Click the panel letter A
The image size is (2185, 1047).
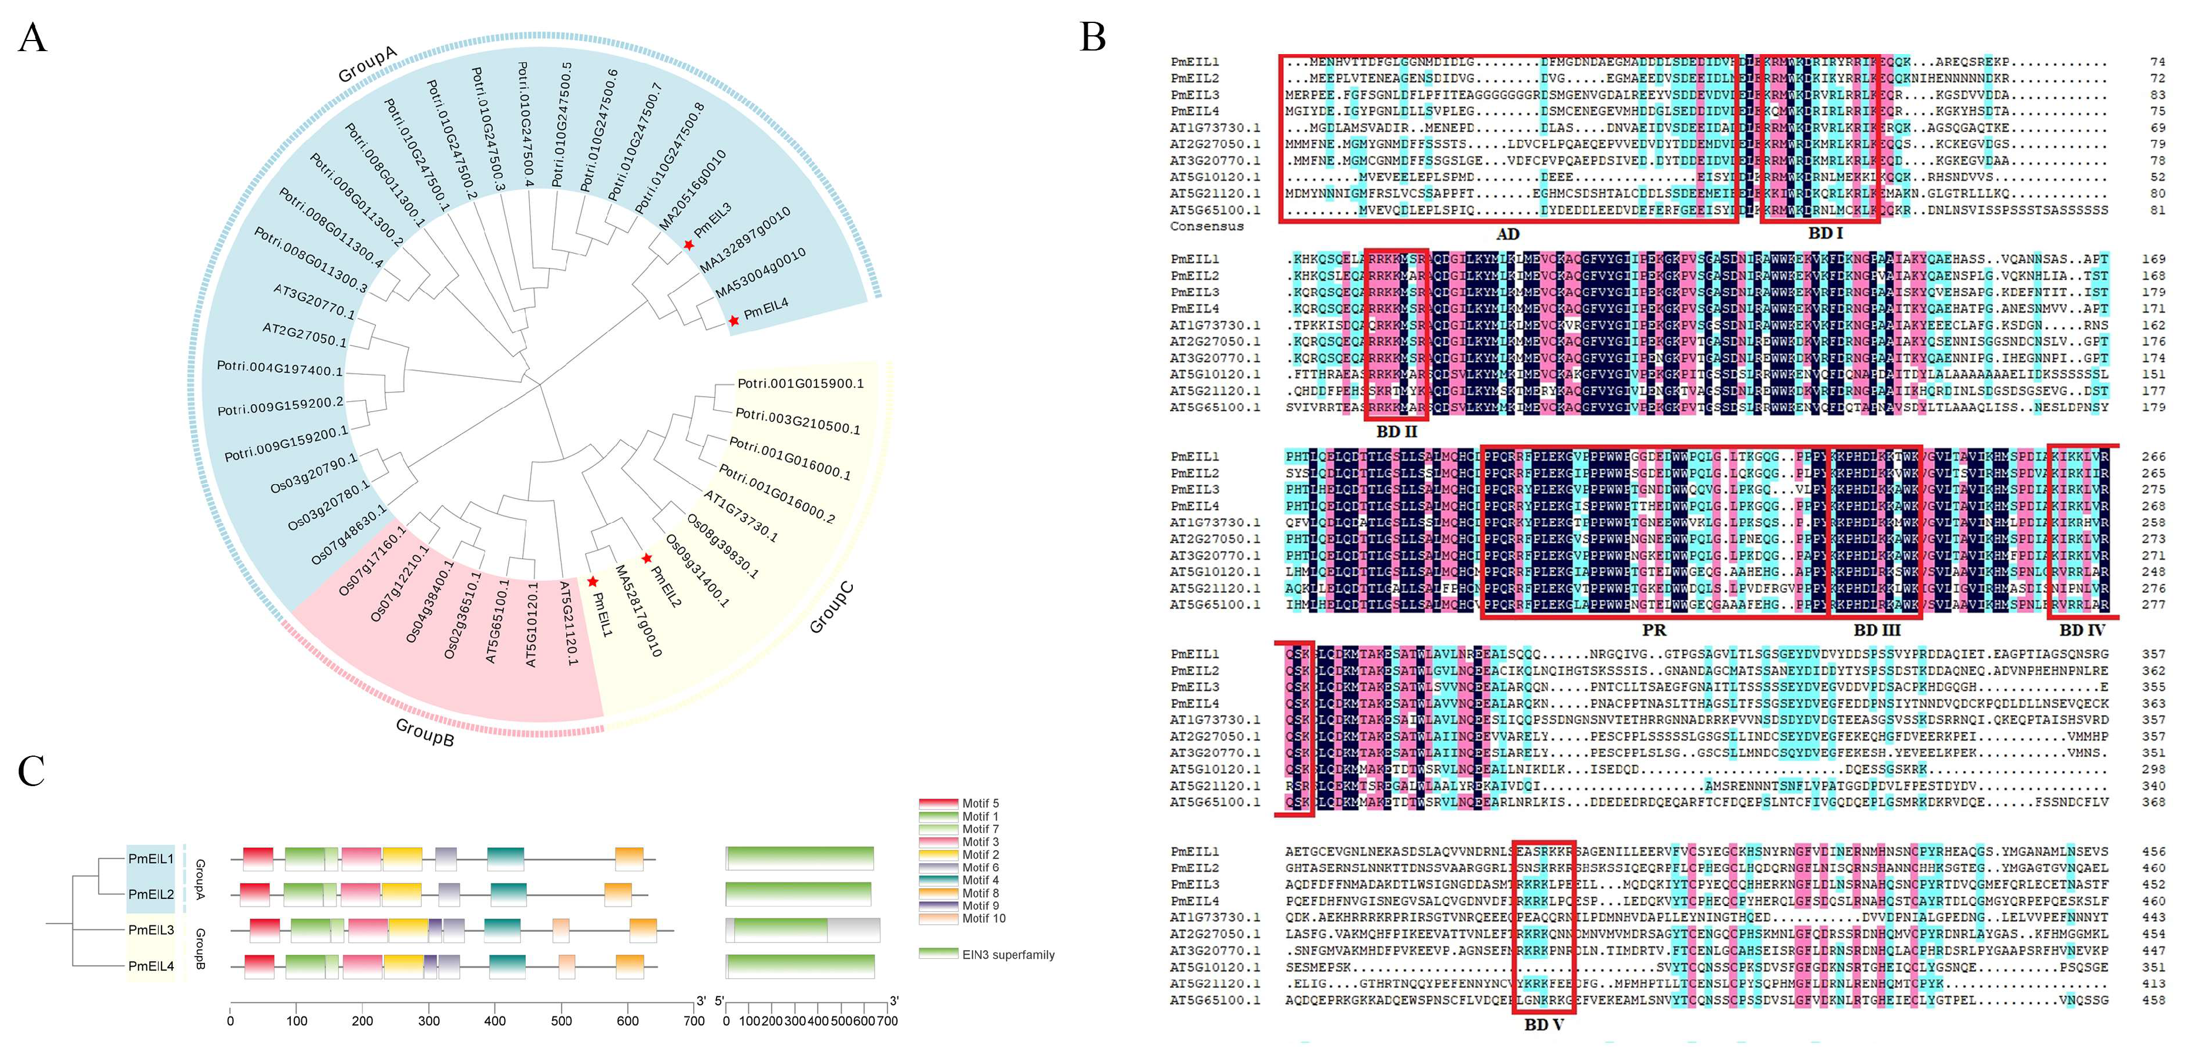tap(32, 38)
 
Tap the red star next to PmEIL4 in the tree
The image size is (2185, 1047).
tap(734, 321)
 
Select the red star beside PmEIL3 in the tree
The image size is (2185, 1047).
tap(689, 245)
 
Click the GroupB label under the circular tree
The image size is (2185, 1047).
tap(425, 732)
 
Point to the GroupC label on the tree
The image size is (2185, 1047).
tap(831, 608)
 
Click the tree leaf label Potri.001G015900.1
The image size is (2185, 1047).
tap(800, 384)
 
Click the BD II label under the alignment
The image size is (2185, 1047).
tap(1396, 432)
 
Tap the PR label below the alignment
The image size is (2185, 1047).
tap(1653, 630)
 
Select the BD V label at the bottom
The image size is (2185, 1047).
tap(1543, 1025)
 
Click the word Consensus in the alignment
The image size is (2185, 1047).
tap(1206, 227)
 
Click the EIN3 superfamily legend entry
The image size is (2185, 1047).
tap(1008, 955)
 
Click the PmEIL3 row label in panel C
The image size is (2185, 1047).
tap(151, 930)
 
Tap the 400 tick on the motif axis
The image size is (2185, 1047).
tap(495, 1021)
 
